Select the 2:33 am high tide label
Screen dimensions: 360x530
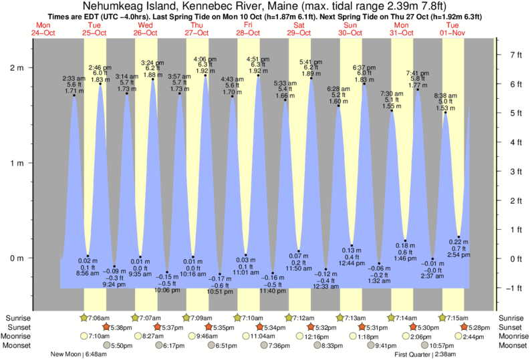click(74, 77)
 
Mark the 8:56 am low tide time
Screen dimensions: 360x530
click(88, 274)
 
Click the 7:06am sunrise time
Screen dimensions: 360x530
click(101, 317)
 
